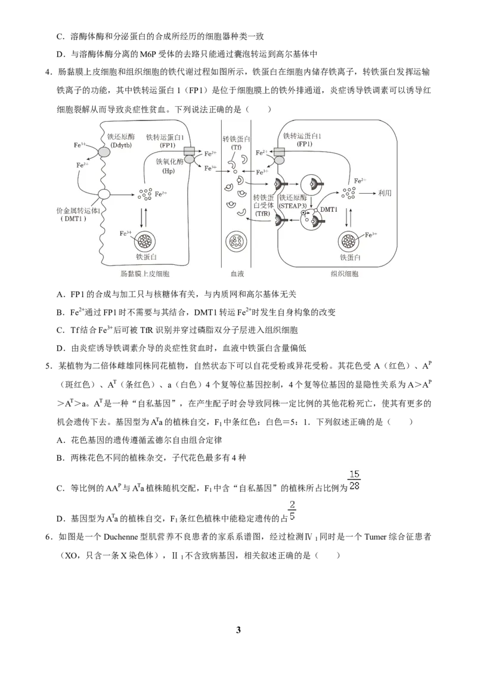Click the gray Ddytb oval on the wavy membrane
point(104,152)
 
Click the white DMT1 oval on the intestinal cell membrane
point(104,194)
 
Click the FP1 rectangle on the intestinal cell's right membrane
point(190,151)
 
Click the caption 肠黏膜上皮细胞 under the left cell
point(145,273)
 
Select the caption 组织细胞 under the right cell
point(345,273)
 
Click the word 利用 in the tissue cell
point(385,193)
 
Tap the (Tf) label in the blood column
point(236,147)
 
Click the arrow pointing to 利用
point(367,193)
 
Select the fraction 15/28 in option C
point(354,480)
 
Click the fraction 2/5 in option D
point(292,510)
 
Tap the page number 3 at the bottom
point(238,630)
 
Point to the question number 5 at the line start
point(48,366)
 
